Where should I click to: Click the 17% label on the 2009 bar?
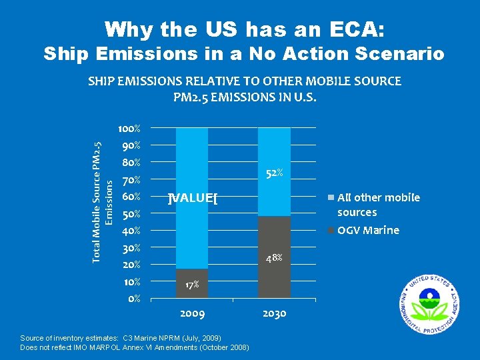(192, 285)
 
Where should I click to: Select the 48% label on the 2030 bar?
(275, 257)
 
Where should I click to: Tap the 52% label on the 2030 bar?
(275, 173)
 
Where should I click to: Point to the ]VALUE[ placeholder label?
(193, 197)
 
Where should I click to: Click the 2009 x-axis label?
(192, 313)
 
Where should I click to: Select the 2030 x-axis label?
(274, 313)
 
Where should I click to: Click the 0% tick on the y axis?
(133, 299)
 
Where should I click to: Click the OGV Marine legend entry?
(367, 231)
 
